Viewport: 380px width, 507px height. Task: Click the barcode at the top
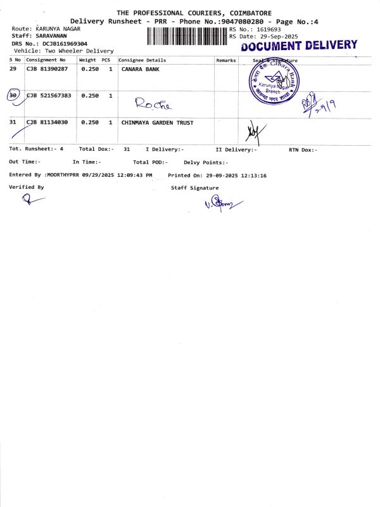(x=187, y=35)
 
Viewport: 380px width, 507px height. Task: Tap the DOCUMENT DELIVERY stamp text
(x=299, y=46)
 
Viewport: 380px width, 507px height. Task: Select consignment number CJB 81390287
(x=46, y=68)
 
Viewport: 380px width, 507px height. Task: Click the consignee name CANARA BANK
(x=141, y=68)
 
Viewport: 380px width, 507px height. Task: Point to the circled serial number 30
(x=13, y=95)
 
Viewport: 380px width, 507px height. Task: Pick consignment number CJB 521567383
(x=49, y=95)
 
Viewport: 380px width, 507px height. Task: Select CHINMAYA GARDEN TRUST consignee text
(x=157, y=122)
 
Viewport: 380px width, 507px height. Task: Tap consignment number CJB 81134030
(x=46, y=122)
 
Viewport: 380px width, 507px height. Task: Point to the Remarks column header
(x=226, y=60)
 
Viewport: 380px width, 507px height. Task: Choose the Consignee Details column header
(x=142, y=60)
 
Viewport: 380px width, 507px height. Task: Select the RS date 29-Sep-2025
(x=273, y=37)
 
